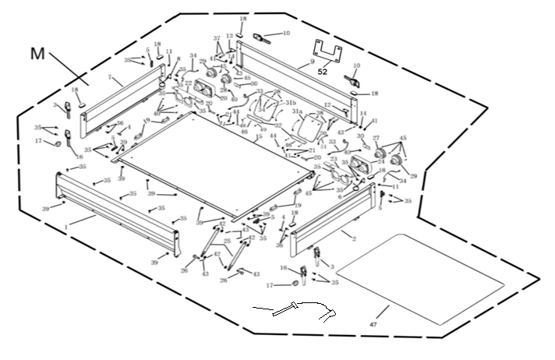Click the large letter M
coord(37,54)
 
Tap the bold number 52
coord(323,71)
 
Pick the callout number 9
coord(312,61)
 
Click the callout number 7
coord(111,79)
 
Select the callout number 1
coord(67,225)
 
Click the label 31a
coord(297,112)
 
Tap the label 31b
coord(290,102)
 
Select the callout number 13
coord(229,37)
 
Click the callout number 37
coord(217,38)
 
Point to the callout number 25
coord(228,242)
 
